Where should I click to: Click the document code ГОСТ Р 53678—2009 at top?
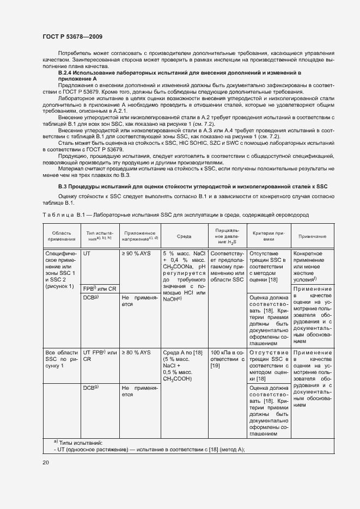pyautogui.click(x=72, y=36)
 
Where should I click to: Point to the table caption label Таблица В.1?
pyautogui.click(x=62, y=215)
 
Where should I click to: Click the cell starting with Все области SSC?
pyautogui.click(x=61, y=359)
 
